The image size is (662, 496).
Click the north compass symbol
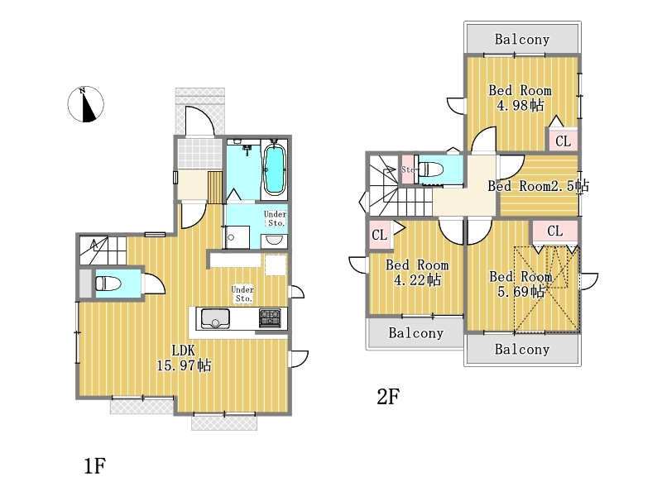[86, 104]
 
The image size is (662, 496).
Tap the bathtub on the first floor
[275, 169]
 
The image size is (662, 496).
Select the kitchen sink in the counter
[215, 318]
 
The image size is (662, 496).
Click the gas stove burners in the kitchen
[270, 318]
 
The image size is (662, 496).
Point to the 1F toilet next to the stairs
[108, 284]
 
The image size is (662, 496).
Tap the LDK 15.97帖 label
[184, 358]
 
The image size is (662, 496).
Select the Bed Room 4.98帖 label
[520, 98]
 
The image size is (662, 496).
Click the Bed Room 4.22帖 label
[417, 273]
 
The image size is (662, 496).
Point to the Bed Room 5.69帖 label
[521, 284]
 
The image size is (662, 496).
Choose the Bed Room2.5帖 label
[539, 185]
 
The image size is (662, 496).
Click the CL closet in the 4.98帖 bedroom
[564, 141]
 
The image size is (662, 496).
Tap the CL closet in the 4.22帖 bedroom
[380, 235]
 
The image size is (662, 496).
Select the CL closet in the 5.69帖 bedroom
[554, 231]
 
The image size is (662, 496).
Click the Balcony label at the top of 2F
[522, 39]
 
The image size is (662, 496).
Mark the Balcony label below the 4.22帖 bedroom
[416, 333]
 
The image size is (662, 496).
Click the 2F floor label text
[388, 397]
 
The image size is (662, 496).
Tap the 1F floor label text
[94, 465]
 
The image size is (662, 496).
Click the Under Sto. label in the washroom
[276, 218]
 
